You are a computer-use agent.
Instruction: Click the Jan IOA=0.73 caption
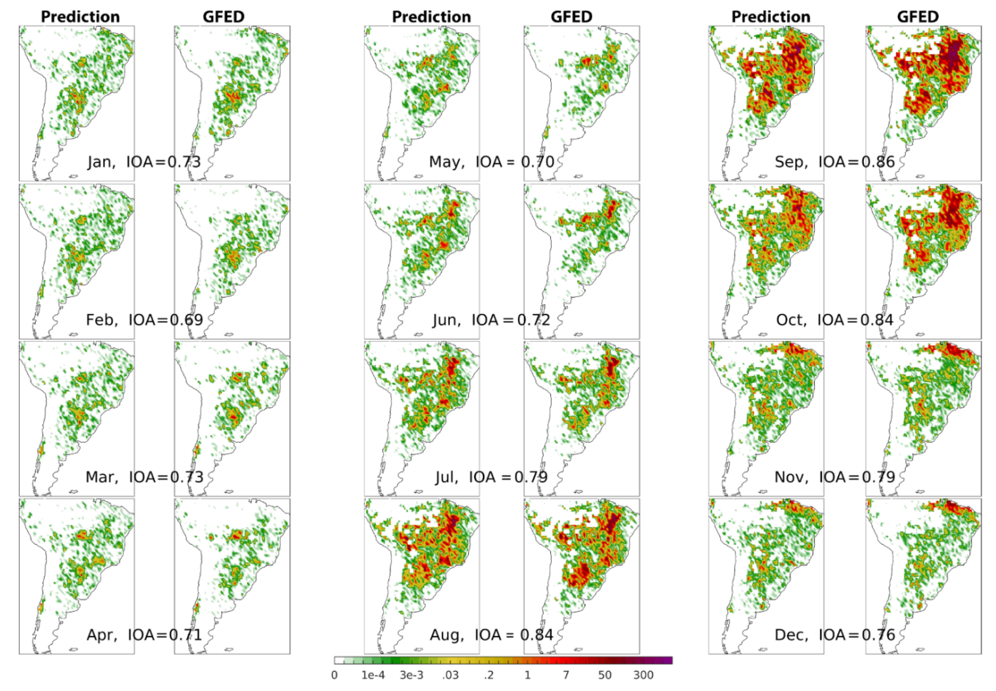[144, 162]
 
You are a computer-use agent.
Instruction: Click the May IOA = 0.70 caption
[492, 162]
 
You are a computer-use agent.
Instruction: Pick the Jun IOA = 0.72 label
[492, 320]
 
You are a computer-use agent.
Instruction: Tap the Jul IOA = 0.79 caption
[492, 477]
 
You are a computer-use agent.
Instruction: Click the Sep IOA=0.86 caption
[835, 162]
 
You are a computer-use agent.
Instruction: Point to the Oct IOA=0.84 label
[835, 320]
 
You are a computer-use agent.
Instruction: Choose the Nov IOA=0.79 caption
[835, 477]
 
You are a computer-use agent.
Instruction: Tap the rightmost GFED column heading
[918, 17]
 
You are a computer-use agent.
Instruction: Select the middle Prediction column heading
[431, 17]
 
